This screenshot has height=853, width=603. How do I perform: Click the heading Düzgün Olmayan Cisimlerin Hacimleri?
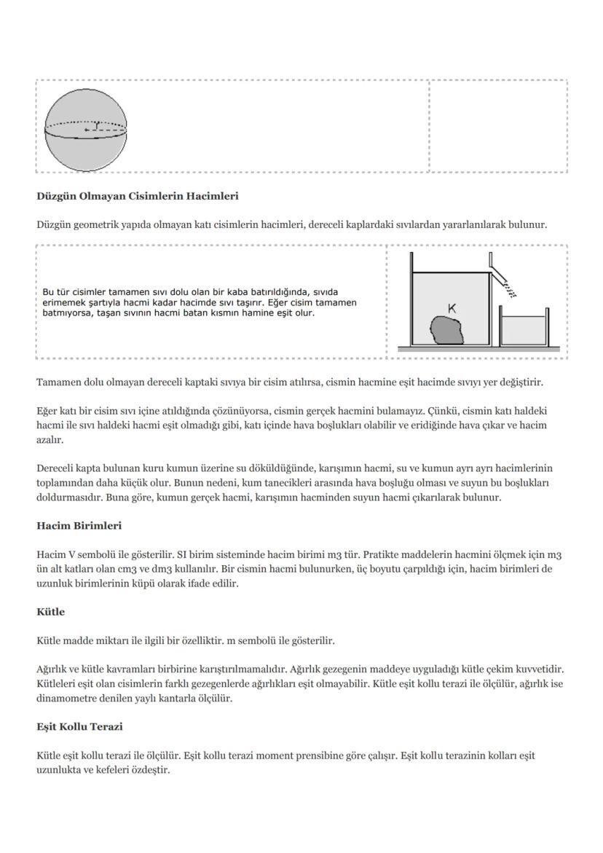(x=138, y=196)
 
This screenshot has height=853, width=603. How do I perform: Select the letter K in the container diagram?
(x=452, y=309)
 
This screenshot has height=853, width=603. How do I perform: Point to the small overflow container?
(x=524, y=329)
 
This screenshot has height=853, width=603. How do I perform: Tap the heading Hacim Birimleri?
(x=79, y=525)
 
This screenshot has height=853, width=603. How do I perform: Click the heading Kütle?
(x=50, y=612)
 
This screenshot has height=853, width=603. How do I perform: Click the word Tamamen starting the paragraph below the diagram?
(x=58, y=382)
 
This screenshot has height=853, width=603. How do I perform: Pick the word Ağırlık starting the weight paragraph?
(x=53, y=669)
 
